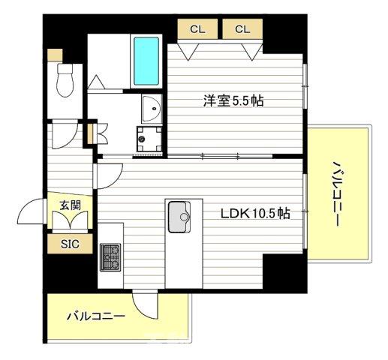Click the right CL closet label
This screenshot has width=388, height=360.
point(242,30)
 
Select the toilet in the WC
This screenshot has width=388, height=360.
point(65,79)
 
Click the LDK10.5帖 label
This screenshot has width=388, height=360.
point(256,214)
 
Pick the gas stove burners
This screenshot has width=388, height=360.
point(110,257)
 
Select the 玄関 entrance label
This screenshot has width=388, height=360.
point(71,203)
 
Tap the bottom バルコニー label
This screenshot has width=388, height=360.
point(95,316)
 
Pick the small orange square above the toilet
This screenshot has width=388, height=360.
point(53,55)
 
